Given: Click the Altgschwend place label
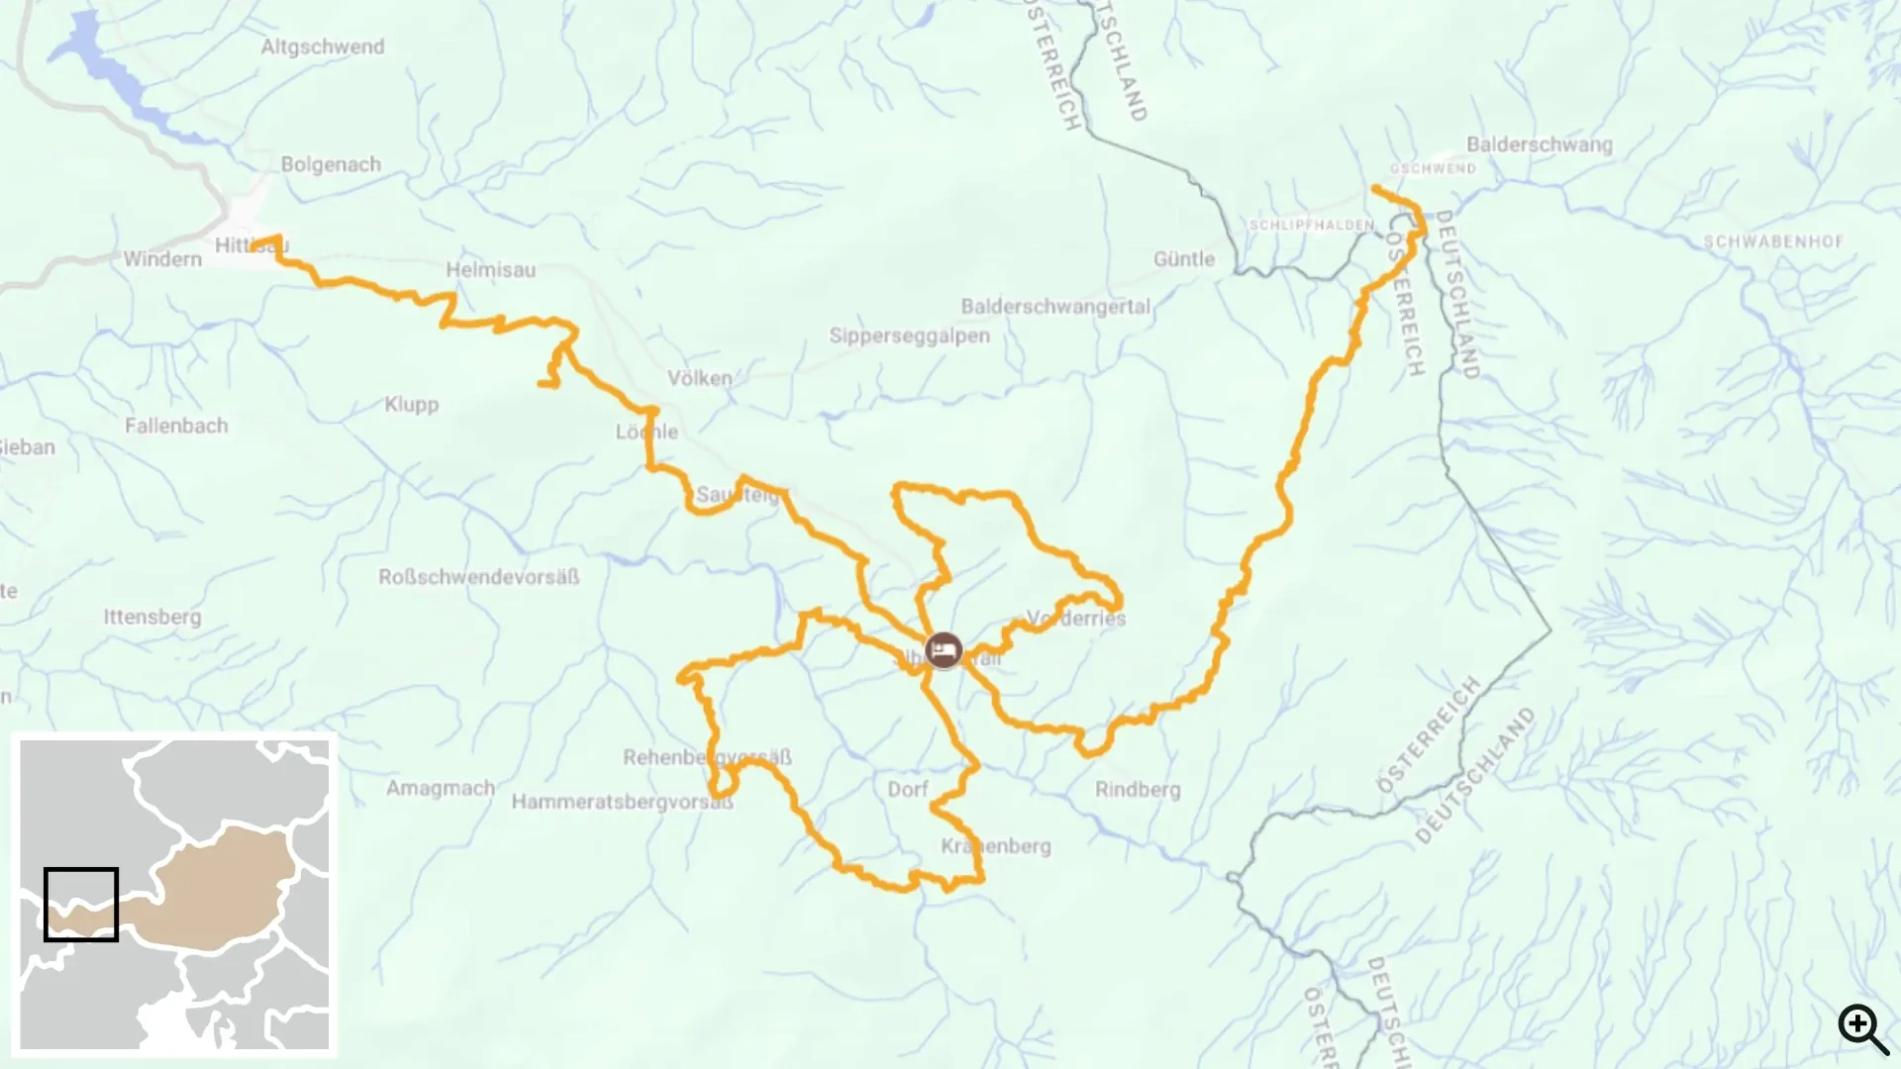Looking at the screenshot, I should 323,47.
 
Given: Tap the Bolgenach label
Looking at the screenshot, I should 331,164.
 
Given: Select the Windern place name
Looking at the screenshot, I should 162,259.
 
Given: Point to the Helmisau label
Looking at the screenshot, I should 490,269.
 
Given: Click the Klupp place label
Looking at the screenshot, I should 411,404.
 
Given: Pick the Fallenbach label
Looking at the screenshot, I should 176,426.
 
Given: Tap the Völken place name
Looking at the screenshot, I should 700,378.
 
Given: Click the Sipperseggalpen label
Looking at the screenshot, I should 909,336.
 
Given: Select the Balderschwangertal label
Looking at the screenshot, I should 1055,307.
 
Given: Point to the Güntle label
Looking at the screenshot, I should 1183,259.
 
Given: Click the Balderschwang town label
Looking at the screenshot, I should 1539,145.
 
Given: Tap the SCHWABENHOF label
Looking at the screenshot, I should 1773,242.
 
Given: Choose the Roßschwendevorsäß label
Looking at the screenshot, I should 478,577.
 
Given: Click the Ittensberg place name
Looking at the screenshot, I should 152,617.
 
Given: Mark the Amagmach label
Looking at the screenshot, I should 441,788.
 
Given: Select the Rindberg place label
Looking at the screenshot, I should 1138,790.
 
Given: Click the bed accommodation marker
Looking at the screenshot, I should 944,651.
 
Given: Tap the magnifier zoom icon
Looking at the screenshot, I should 1863,1029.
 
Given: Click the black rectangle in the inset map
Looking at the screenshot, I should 81,905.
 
